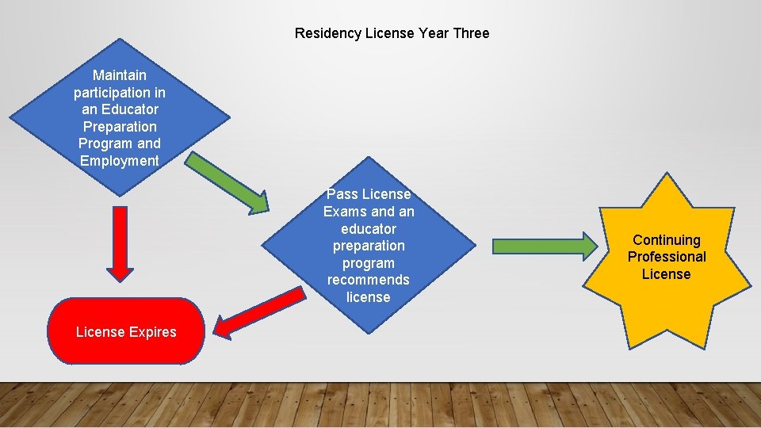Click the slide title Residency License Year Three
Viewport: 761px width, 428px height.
click(392, 33)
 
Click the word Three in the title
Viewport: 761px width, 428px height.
click(471, 33)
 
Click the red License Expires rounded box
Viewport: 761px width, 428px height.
click(126, 331)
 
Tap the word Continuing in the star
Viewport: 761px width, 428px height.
click(667, 240)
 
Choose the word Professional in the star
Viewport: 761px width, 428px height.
click(667, 257)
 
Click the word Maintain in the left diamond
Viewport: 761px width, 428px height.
click(120, 75)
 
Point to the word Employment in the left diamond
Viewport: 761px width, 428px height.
click(120, 161)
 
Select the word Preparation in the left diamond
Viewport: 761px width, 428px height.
click(120, 127)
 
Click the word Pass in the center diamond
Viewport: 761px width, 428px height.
click(342, 194)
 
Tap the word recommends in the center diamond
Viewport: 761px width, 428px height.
click(369, 280)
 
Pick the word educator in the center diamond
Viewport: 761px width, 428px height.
click(369, 229)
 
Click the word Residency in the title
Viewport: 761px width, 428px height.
click(327, 33)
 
